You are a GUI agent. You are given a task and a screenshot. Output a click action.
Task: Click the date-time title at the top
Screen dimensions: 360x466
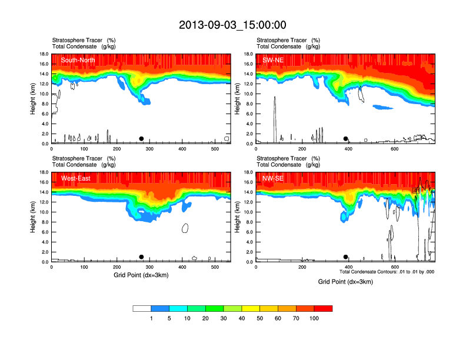tap(232, 25)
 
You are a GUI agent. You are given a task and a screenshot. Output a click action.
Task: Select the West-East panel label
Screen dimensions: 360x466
tap(75, 178)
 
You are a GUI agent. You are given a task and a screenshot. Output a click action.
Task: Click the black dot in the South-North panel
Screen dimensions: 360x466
tap(141, 139)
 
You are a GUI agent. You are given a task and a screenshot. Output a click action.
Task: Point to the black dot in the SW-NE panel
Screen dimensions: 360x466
tap(346, 139)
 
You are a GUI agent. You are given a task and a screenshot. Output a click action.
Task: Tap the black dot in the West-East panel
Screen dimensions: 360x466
tap(141, 257)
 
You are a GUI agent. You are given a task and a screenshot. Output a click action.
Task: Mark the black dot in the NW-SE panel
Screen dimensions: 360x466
tap(346, 257)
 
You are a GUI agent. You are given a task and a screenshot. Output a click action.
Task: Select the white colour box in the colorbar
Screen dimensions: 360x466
tap(142, 308)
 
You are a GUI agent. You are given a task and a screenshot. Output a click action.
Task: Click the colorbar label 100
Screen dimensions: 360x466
tap(314, 318)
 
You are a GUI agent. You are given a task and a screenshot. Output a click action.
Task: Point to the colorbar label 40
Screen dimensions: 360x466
tap(241, 318)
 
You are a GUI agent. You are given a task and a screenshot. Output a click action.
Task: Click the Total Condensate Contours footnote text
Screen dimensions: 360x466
tap(387, 272)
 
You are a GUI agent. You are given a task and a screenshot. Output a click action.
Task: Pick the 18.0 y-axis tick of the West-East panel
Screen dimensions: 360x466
tap(42, 172)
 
